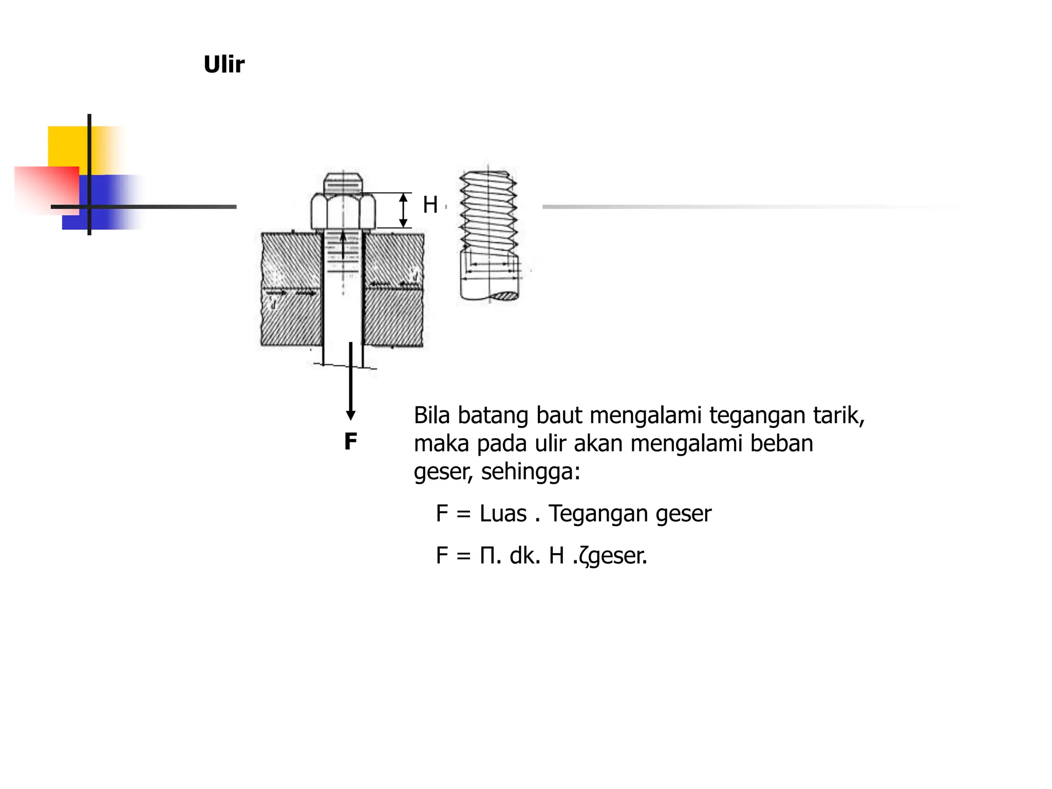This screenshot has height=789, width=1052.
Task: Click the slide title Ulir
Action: tap(224, 65)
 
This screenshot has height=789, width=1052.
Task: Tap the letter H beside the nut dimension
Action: tap(430, 205)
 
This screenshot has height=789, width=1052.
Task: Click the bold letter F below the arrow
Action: tap(350, 442)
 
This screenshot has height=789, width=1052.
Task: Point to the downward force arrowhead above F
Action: tap(351, 415)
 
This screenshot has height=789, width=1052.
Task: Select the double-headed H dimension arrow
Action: tap(403, 210)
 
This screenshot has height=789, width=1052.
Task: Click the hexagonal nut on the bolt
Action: tap(343, 210)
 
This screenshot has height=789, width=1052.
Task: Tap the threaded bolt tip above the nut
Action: tap(343, 183)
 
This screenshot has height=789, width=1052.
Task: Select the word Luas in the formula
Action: tap(503, 514)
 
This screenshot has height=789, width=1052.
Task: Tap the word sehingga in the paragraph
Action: tap(530, 472)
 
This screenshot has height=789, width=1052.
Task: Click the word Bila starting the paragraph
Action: tap(432, 415)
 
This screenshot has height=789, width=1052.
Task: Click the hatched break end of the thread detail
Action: tap(506, 296)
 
